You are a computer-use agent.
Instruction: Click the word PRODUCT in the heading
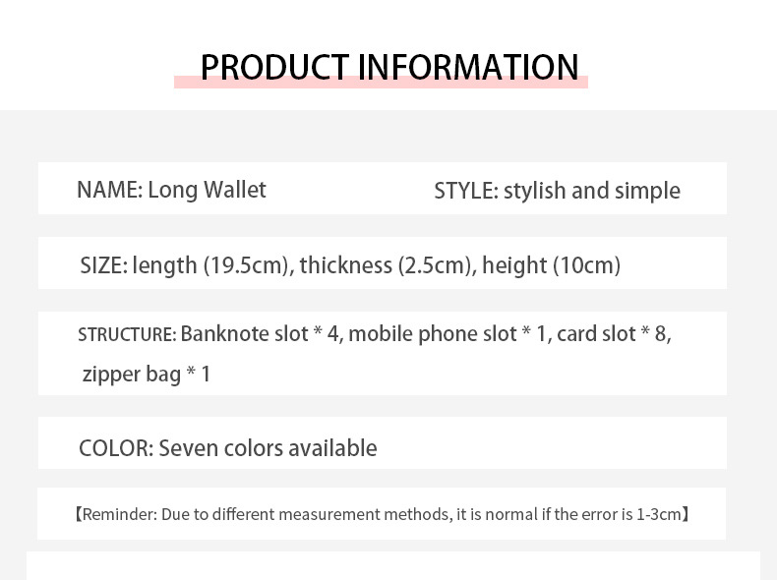pyautogui.click(x=274, y=67)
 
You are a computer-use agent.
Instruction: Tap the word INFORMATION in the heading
pyautogui.click(x=468, y=67)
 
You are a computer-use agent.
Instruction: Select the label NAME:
pyautogui.click(x=110, y=190)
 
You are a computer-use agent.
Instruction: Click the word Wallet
pyautogui.click(x=235, y=190)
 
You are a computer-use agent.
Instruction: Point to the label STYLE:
pyautogui.click(x=466, y=191)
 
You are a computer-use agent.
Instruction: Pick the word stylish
pyautogui.click(x=535, y=192)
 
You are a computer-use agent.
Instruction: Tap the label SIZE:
pyautogui.click(x=104, y=265)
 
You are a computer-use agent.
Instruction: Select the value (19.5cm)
pyautogui.click(x=246, y=266)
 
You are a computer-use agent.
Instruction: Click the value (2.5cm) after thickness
pyautogui.click(x=435, y=266)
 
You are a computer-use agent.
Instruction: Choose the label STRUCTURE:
pyautogui.click(x=127, y=334)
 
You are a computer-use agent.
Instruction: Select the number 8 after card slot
pyautogui.click(x=661, y=334)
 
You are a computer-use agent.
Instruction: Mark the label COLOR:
pyautogui.click(x=116, y=448)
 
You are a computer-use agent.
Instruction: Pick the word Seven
pyautogui.click(x=189, y=448)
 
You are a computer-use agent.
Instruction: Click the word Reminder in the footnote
pyautogui.click(x=119, y=514)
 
